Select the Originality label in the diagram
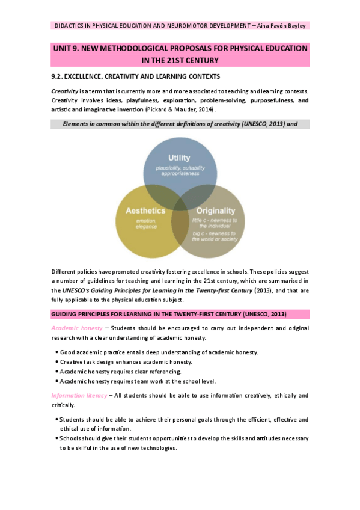[215, 211]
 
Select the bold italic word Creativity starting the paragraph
[65, 90]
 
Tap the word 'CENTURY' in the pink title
[200, 60]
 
